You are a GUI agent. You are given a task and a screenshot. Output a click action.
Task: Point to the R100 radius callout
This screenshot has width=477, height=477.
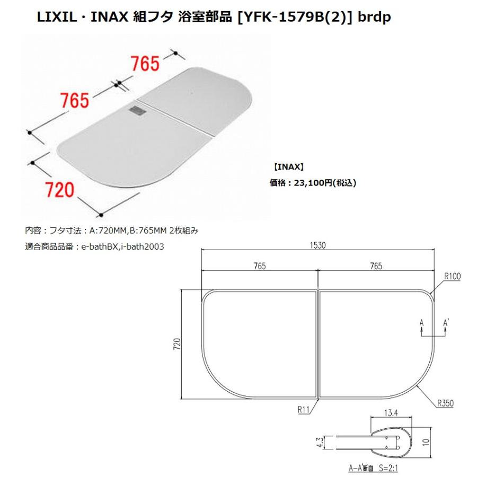(452, 276)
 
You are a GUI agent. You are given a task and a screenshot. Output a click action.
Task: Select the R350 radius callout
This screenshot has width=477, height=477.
(445, 403)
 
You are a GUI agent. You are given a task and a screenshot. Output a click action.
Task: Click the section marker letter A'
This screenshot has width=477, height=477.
(447, 322)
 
